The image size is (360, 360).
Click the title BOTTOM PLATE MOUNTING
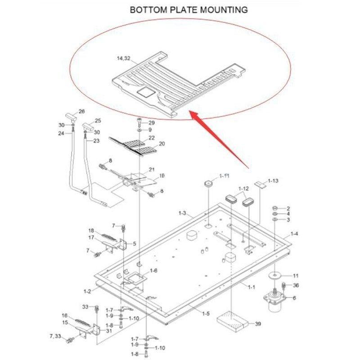point(189,9)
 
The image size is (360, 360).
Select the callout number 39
point(258,324)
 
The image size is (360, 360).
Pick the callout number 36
point(296,285)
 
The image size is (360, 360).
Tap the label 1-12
point(243,188)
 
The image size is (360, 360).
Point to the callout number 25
point(98,121)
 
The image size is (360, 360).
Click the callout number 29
point(152,123)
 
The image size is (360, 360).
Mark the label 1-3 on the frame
point(182,212)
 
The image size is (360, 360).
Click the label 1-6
point(153,270)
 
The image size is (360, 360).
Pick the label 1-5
point(206,313)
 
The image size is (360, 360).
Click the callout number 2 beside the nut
point(288,208)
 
